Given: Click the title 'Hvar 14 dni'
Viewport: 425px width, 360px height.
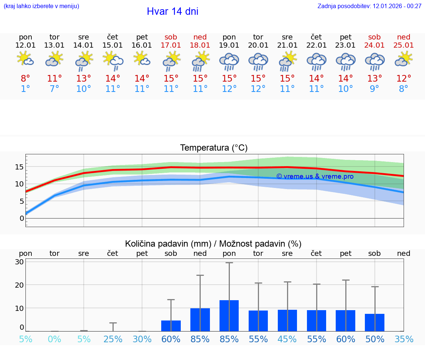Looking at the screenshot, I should click(x=172, y=11).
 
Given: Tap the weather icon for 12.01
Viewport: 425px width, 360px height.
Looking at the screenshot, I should click(x=25, y=59).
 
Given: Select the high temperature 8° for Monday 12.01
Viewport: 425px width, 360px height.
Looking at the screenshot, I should click(x=25, y=78).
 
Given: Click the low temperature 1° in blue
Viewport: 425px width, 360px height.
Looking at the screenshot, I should click(x=25, y=89).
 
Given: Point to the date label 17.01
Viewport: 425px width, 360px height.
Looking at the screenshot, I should click(x=171, y=45).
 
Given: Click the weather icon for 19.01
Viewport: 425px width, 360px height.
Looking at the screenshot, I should click(x=229, y=61).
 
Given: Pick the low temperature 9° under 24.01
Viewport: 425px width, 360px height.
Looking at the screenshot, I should click(x=374, y=89).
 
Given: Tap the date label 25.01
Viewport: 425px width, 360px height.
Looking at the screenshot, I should click(x=404, y=45).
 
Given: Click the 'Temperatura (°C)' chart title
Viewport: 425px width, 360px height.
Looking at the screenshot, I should click(x=214, y=148).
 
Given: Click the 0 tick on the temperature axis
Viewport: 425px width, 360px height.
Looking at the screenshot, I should click(x=22, y=218).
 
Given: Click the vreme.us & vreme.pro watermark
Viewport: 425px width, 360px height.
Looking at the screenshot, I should click(x=315, y=176).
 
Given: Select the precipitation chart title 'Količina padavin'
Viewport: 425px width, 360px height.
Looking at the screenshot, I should click(x=213, y=244).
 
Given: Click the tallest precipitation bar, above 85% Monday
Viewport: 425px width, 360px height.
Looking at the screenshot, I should click(x=229, y=316).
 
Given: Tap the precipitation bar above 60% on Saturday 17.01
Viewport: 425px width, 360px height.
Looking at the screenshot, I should click(x=171, y=326).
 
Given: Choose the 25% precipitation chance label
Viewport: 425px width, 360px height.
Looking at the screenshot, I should click(x=113, y=339).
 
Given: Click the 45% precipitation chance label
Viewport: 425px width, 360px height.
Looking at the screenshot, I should click(x=287, y=339).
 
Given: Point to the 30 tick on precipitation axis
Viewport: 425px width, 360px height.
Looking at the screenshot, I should click(x=19, y=262).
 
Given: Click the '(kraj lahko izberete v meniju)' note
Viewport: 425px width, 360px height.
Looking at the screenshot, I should click(x=41, y=6).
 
